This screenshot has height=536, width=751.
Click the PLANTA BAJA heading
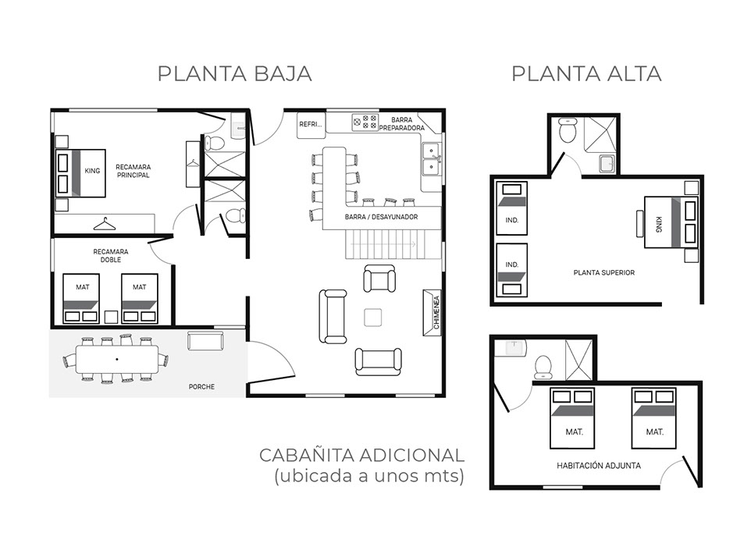[x=235, y=74]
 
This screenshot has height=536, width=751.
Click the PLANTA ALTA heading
[x=587, y=74]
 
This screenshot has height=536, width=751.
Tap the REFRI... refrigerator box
[x=311, y=124]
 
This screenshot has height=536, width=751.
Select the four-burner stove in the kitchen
[x=365, y=122]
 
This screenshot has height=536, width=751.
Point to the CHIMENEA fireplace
[x=432, y=312]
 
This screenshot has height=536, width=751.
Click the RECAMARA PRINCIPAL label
[x=133, y=171]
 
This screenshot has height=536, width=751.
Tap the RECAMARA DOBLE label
[x=111, y=256]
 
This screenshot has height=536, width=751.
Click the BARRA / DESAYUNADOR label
[x=381, y=217]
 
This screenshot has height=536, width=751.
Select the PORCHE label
[x=201, y=387]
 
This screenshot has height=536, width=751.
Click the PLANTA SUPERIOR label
[x=604, y=273]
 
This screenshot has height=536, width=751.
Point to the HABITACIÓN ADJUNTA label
[x=599, y=465]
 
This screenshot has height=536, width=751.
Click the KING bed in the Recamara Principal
[x=80, y=172]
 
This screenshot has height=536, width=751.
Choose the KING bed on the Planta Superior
[x=671, y=222]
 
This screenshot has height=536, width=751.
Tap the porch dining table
[x=117, y=360]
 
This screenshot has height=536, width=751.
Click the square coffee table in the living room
[x=372, y=318]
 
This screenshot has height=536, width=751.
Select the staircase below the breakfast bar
[x=393, y=244]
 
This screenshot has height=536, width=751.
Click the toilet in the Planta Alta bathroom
[x=567, y=130]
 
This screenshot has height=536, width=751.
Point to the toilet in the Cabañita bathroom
[x=543, y=365]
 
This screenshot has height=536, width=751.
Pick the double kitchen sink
[x=432, y=159]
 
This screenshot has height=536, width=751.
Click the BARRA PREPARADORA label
[x=402, y=124]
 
